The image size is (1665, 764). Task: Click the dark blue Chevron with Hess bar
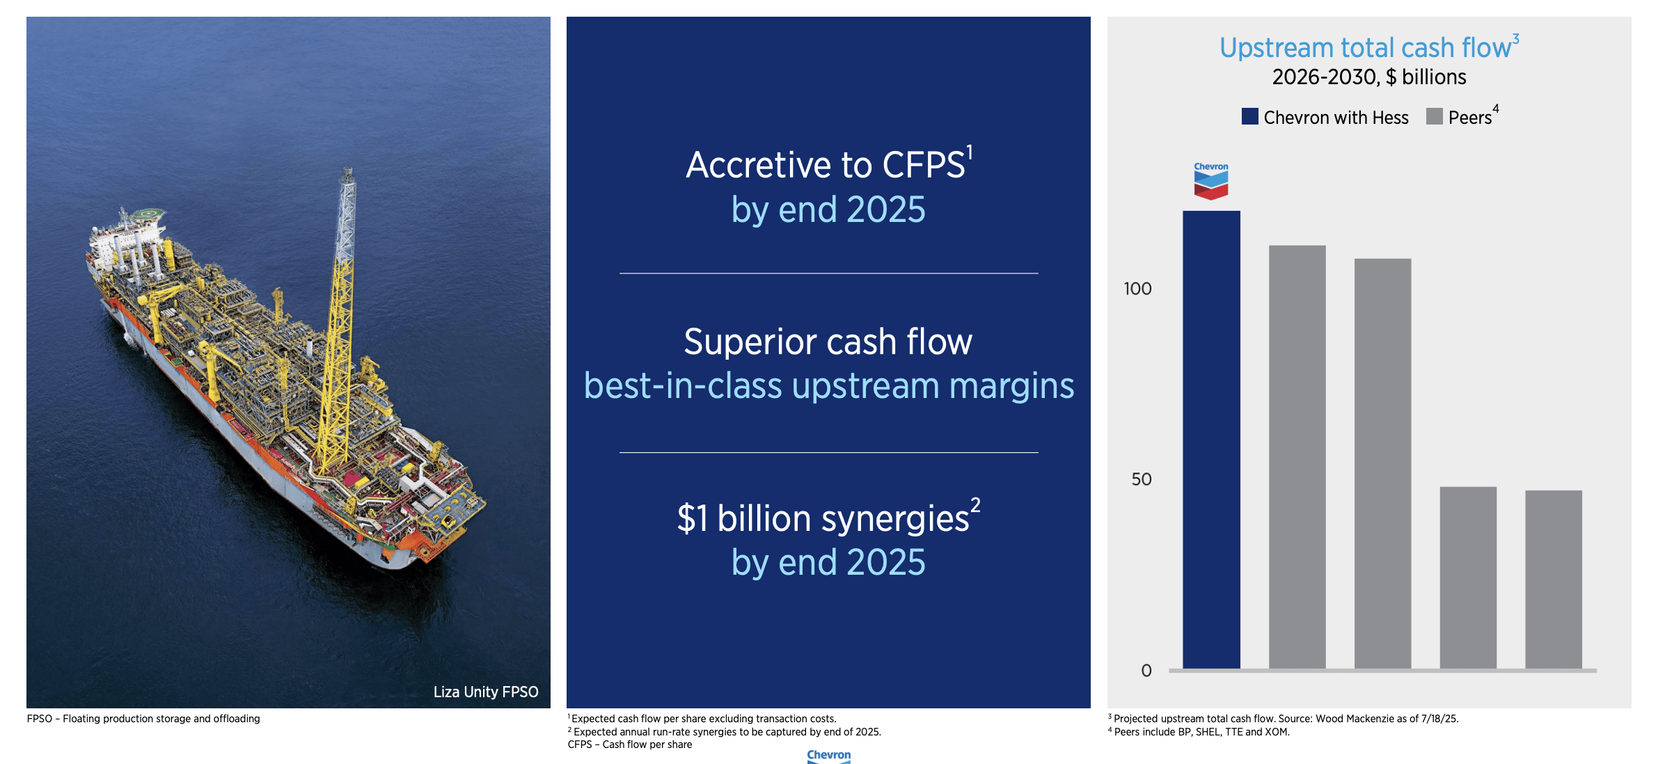(x=1211, y=438)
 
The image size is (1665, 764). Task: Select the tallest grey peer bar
(x=1297, y=456)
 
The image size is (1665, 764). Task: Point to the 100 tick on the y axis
(x=1137, y=289)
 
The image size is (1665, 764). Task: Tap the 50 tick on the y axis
(x=1141, y=479)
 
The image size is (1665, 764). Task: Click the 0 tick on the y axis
(x=1146, y=671)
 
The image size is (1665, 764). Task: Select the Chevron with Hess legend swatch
(x=1249, y=117)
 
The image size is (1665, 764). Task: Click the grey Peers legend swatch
(x=1434, y=117)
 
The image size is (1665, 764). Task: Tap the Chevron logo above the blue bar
(x=1211, y=182)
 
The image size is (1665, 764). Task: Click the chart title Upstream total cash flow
(x=1366, y=48)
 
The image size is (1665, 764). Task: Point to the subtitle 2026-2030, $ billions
(x=1368, y=77)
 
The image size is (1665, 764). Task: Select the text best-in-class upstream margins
(x=828, y=386)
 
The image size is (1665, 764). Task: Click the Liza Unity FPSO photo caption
(x=485, y=692)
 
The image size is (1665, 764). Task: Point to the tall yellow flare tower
(x=338, y=306)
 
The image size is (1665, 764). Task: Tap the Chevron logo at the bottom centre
(x=828, y=756)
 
